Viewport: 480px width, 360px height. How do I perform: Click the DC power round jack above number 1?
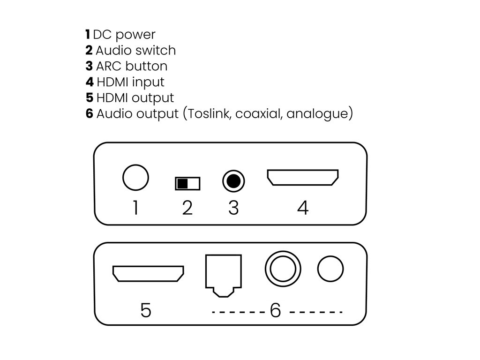click(135, 178)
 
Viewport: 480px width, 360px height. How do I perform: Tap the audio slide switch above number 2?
click(187, 183)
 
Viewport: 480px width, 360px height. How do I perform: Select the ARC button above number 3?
click(233, 180)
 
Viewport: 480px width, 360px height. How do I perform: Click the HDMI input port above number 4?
click(303, 178)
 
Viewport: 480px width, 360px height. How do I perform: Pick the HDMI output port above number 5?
click(148, 274)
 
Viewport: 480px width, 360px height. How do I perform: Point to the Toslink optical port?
click(223, 275)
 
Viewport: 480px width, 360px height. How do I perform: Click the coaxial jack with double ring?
click(283, 269)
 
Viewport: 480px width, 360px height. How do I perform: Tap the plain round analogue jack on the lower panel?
click(330, 269)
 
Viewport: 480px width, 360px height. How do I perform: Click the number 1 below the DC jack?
click(136, 208)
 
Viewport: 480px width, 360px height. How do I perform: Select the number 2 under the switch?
click(187, 208)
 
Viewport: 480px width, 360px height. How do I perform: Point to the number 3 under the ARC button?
click(233, 208)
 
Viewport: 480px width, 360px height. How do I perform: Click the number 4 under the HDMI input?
click(303, 208)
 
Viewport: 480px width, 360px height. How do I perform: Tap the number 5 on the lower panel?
click(146, 310)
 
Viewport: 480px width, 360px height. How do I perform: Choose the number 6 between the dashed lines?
click(275, 310)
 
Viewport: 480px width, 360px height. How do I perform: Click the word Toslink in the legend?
click(210, 113)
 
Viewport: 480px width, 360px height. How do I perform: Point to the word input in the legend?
click(148, 82)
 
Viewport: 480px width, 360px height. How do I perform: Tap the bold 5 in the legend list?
click(90, 98)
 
